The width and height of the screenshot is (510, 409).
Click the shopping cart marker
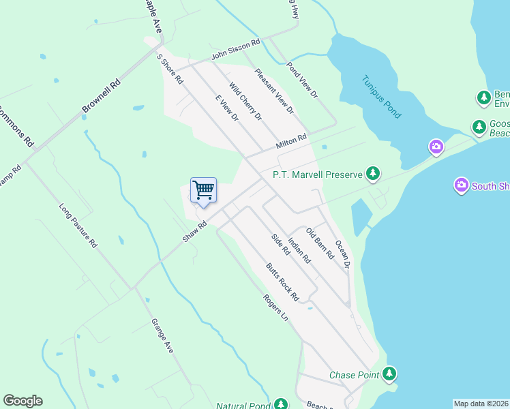point(203,190)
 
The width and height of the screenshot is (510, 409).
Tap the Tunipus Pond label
point(381,97)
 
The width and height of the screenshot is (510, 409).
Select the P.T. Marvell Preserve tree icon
point(372,175)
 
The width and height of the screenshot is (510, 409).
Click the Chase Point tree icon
point(389,374)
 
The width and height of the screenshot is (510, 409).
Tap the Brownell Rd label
point(101,96)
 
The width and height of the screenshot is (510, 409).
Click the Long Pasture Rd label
point(78,226)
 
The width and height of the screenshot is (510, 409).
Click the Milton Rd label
point(292,142)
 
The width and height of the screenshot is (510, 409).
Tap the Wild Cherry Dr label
point(245,102)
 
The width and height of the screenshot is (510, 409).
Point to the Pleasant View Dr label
point(273,91)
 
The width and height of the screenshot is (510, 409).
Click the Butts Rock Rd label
point(283,282)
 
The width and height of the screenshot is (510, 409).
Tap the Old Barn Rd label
point(320,243)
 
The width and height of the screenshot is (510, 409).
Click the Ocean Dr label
point(342,254)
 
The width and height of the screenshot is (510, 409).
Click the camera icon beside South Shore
point(462,185)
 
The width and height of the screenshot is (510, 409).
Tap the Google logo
point(22,401)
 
